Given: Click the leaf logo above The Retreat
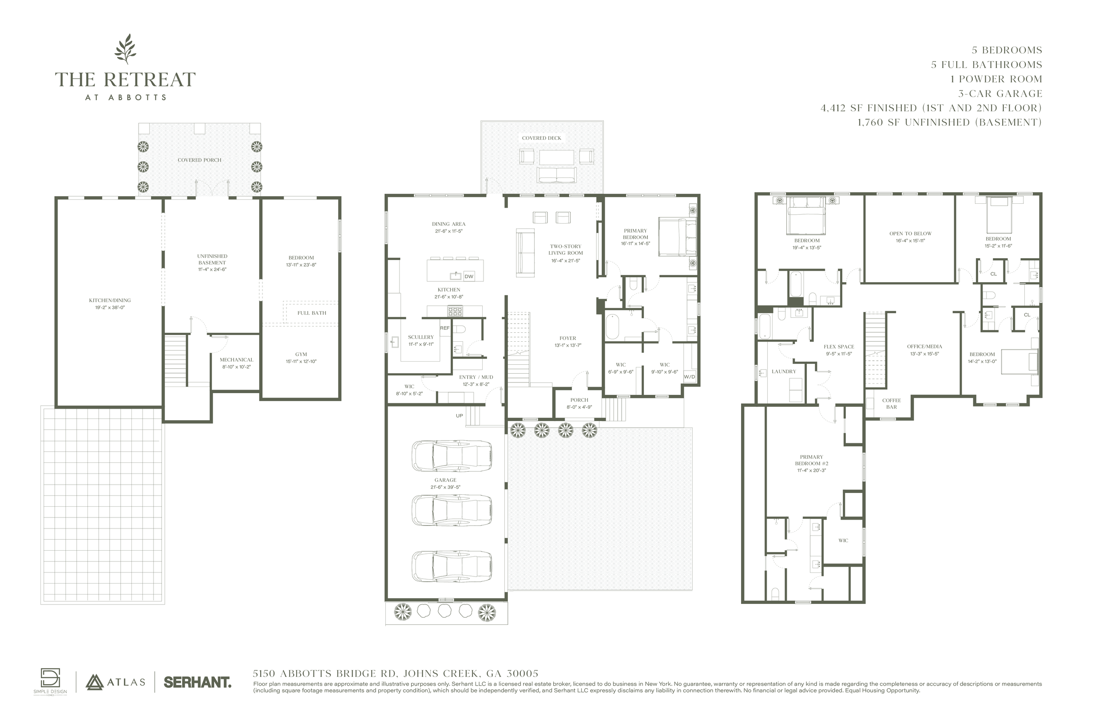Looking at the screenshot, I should (126, 49).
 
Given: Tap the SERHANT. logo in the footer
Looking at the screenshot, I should (197, 682).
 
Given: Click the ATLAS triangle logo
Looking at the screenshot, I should (95, 682).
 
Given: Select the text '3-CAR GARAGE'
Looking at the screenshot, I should (1000, 94).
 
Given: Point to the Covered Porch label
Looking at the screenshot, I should (199, 160).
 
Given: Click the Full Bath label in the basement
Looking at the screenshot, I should (312, 313).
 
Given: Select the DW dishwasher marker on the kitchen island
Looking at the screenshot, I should (469, 276).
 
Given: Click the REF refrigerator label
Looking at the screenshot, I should (444, 328).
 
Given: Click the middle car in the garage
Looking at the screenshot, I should (452, 510).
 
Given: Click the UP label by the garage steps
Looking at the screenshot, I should (460, 416).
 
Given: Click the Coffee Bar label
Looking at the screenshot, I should (891, 404).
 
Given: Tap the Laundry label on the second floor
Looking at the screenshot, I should (784, 371).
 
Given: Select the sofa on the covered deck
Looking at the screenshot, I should (556, 175).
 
